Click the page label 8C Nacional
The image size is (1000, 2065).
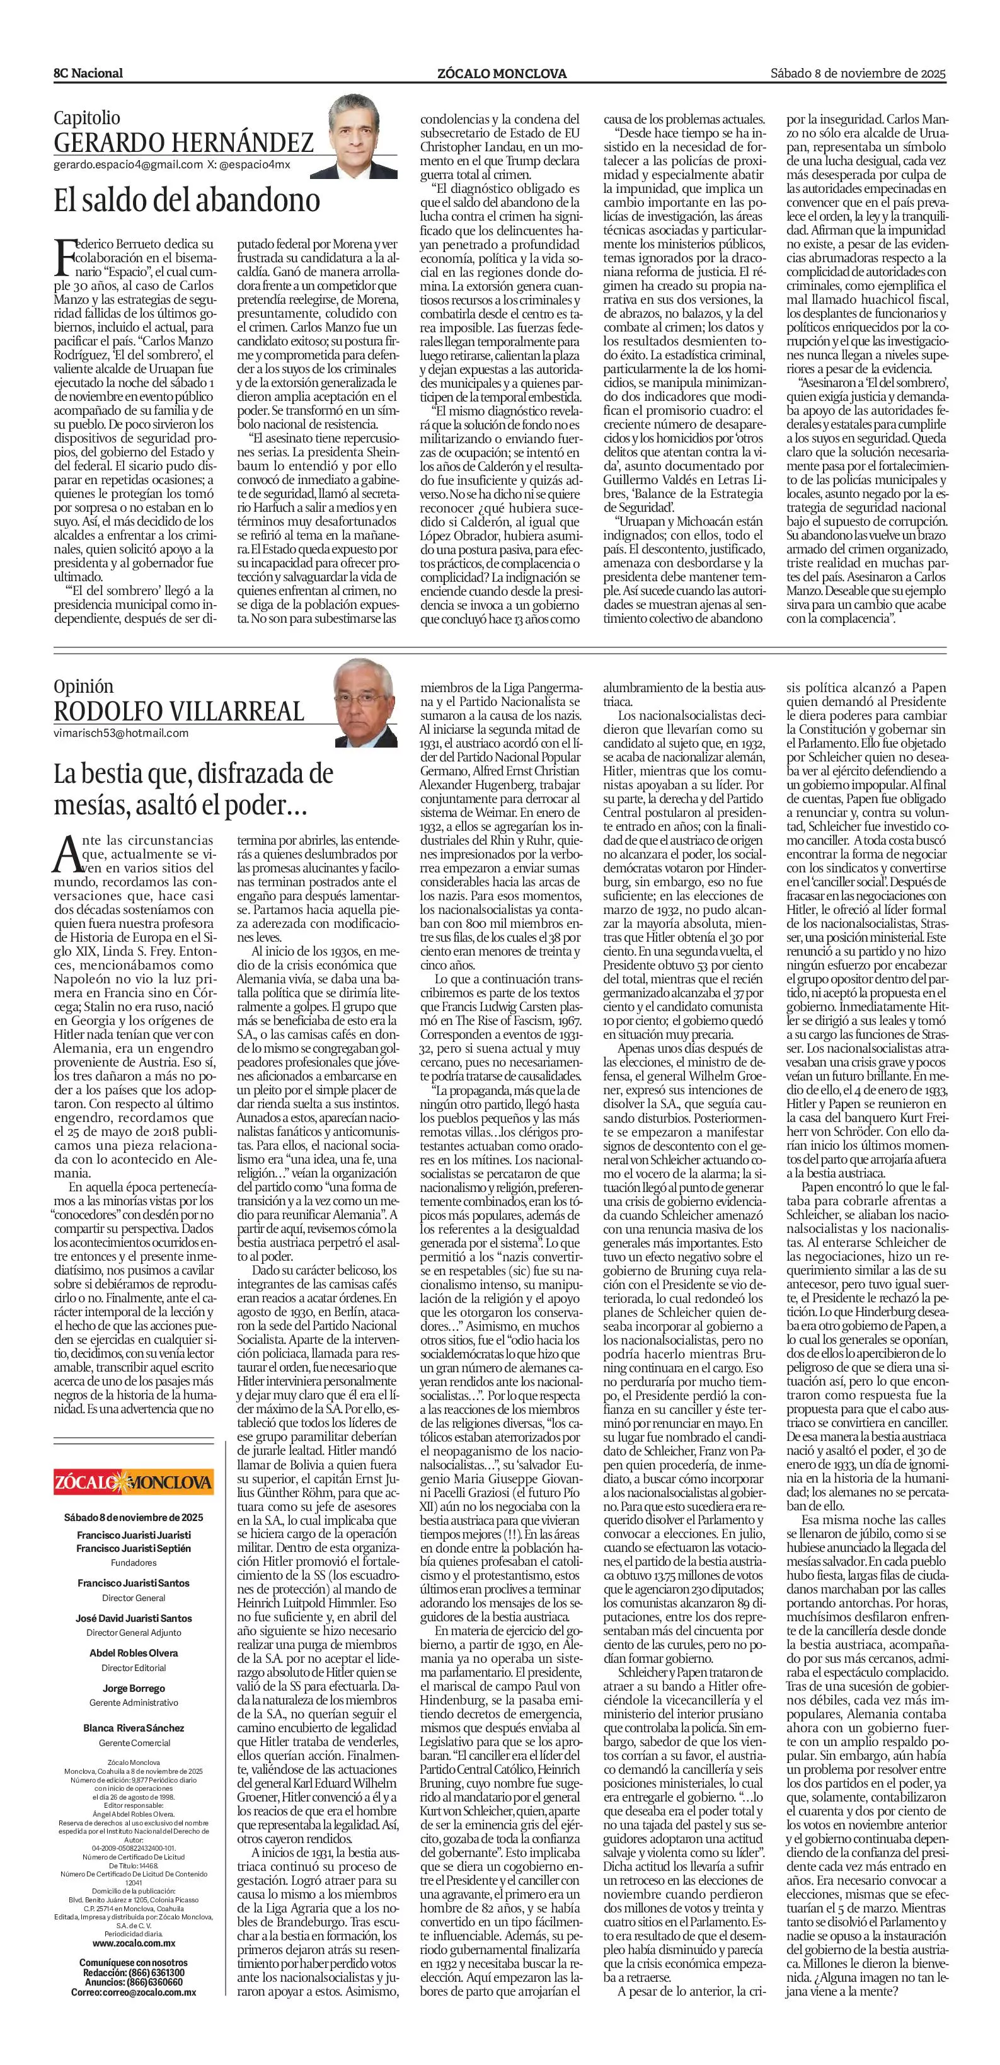[x=89, y=73]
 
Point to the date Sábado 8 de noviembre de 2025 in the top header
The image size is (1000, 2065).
[x=858, y=73]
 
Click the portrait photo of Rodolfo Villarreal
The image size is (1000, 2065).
[x=365, y=700]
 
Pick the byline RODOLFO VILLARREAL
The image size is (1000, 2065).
[x=179, y=710]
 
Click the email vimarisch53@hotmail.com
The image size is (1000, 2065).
[x=121, y=732]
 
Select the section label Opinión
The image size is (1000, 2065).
[x=83, y=686]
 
